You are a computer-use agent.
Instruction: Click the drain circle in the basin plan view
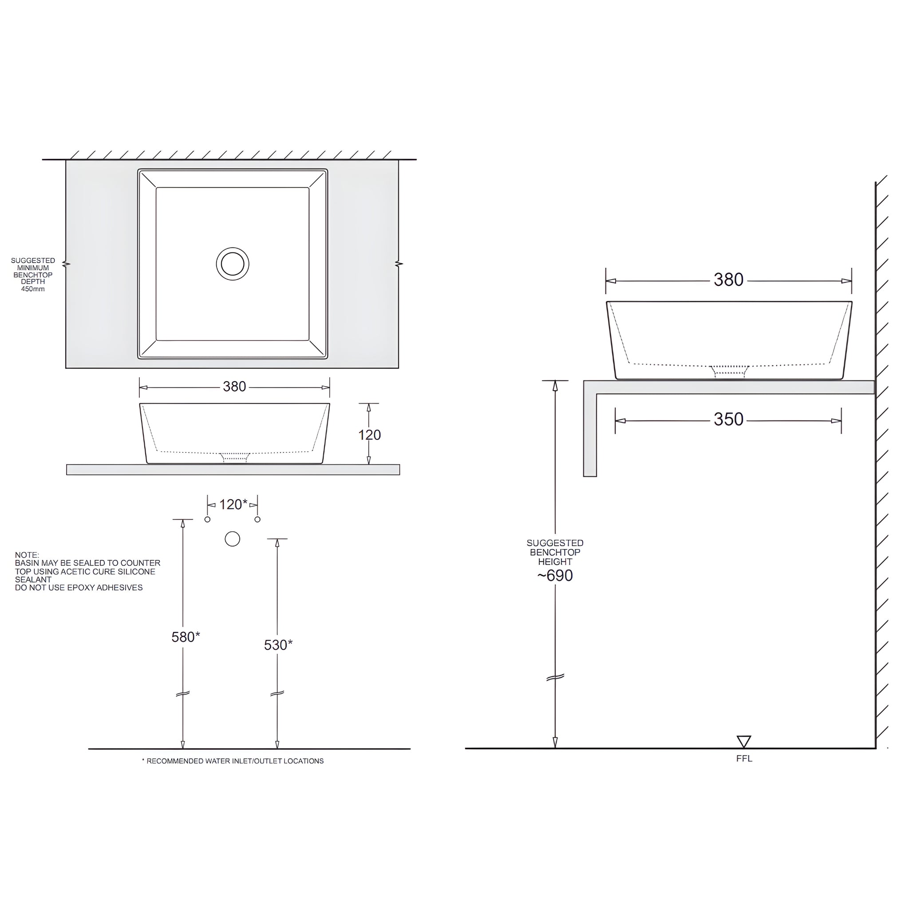click(x=233, y=264)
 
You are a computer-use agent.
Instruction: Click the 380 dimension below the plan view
click(x=234, y=386)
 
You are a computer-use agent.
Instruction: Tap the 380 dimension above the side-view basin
click(x=728, y=280)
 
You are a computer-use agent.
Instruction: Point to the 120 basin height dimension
click(x=369, y=435)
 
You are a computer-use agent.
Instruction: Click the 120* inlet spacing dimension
click(x=233, y=504)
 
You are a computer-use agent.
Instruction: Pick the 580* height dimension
click(x=186, y=637)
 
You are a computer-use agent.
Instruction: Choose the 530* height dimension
click(x=278, y=645)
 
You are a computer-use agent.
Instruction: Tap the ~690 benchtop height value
click(x=555, y=575)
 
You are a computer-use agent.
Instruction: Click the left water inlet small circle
click(x=207, y=519)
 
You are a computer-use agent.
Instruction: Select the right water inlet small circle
click(x=257, y=519)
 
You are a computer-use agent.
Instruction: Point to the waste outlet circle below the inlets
click(x=233, y=539)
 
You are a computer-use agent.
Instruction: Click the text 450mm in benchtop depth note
click(x=33, y=289)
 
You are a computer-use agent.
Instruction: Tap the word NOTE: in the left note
click(x=27, y=555)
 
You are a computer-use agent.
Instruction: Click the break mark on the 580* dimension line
click(x=182, y=694)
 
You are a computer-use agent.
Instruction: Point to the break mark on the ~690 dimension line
click(x=555, y=677)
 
